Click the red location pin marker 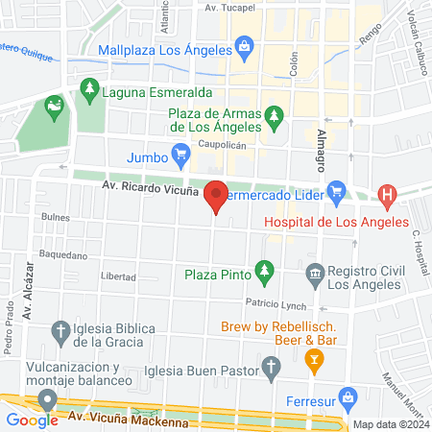tap(216, 196)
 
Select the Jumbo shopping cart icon tap(180, 154)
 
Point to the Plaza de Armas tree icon tap(275, 118)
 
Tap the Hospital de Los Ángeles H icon tap(387, 198)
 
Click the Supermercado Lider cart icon tap(337, 192)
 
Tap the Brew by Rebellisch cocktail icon tap(312, 360)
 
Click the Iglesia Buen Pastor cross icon tap(272, 366)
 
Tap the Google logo tap(33, 420)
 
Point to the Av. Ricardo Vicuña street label tap(145, 190)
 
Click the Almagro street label tap(321, 144)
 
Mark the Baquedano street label tap(64, 255)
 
